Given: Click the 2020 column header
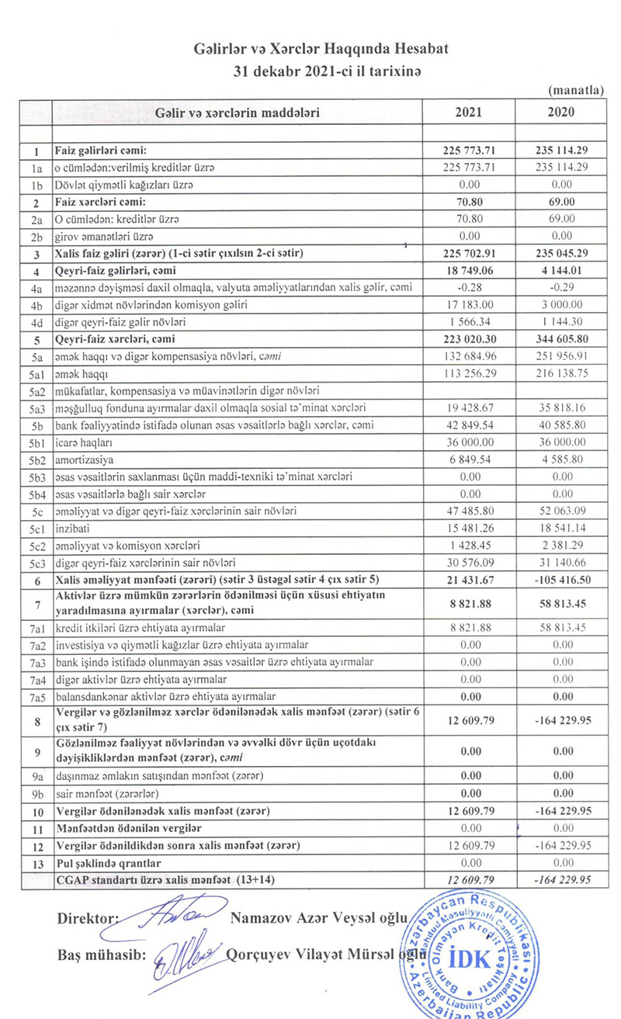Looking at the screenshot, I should click(x=561, y=112).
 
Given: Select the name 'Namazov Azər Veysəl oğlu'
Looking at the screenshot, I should click(x=318, y=918).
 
